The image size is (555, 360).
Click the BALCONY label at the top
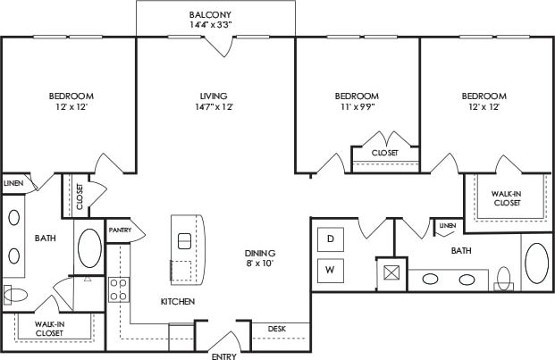pyautogui.click(x=211, y=15)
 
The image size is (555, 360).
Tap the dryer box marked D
pyautogui.click(x=330, y=239)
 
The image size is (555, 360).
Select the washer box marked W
pyautogui.click(x=330, y=269)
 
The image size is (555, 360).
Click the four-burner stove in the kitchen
pyautogui.click(x=118, y=289)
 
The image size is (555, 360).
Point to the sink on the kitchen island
pyautogui.click(x=185, y=240)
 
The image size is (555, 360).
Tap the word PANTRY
pyautogui.click(x=120, y=230)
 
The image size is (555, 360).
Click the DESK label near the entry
pyautogui.click(x=277, y=330)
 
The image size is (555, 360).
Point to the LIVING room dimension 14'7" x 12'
pyautogui.click(x=213, y=107)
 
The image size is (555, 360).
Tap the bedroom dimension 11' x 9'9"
pyautogui.click(x=357, y=107)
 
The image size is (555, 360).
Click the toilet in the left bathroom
pyautogui.click(x=17, y=294)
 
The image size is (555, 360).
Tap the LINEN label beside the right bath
pyautogui.click(x=447, y=225)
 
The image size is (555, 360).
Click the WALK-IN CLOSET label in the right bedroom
pyautogui.click(x=507, y=197)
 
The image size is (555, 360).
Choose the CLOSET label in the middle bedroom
pyautogui.click(x=385, y=153)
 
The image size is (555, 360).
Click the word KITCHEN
pyautogui.click(x=178, y=302)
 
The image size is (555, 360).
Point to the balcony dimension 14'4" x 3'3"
pyautogui.click(x=211, y=26)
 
